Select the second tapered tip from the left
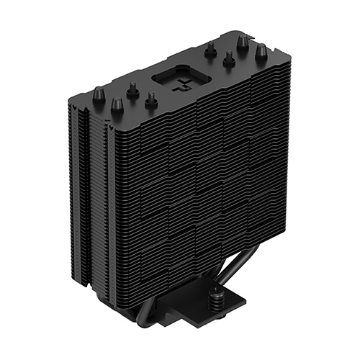(x=116, y=104)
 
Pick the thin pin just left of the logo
(x=133, y=91)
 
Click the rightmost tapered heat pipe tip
(x=261, y=50)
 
